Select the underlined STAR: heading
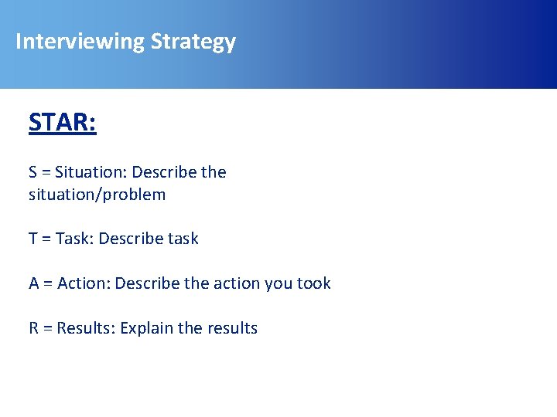point(63,123)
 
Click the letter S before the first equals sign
point(33,172)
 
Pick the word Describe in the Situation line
point(164,172)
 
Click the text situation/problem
point(97,195)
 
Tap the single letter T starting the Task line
point(33,239)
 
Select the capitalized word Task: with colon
point(74,239)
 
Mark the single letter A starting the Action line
point(34,283)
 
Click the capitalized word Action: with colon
point(84,283)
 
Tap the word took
point(313,283)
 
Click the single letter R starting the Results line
point(34,328)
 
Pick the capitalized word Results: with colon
point(84,328)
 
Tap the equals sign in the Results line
point(47,329)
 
